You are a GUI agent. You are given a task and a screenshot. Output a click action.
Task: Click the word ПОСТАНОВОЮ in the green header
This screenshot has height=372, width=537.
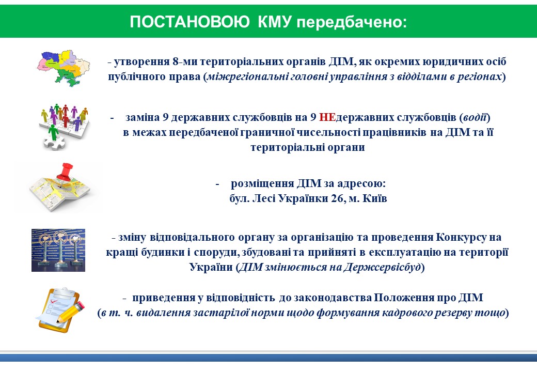coord(189,22)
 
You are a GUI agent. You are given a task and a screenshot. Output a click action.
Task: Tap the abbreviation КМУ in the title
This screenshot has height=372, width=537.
coord(275,22)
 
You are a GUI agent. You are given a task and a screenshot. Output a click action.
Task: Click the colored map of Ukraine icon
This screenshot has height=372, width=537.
coord(64,68)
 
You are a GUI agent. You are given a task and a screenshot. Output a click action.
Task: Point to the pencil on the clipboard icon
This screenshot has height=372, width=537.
coord(71,312)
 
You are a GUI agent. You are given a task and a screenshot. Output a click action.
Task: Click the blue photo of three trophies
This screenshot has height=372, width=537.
coord(58,251)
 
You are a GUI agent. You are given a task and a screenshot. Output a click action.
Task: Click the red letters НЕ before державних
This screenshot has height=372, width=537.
coord(327,117)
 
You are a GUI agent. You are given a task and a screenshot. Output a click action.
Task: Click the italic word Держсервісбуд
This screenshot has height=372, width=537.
coord(382,267)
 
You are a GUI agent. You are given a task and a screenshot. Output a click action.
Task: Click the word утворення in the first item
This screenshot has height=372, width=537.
coord(142,62)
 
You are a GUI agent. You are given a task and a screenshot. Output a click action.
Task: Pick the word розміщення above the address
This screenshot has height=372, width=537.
coord(262,184)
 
